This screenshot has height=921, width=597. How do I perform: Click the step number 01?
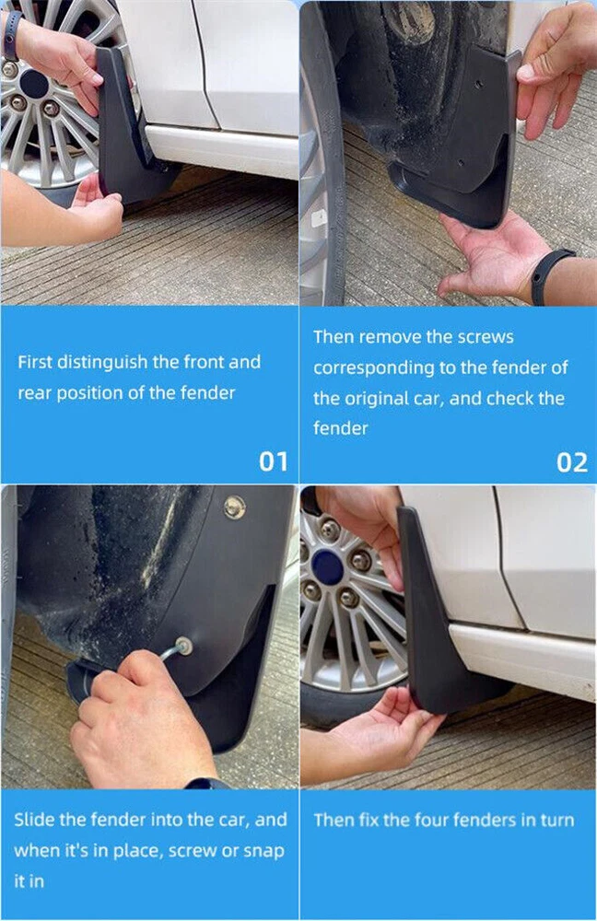[274, 461]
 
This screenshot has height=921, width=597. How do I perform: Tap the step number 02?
[572, 462]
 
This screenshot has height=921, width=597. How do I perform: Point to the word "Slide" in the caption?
[31, 820]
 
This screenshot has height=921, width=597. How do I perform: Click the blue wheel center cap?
[327, 568]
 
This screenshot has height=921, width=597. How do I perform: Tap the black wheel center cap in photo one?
[33, 84]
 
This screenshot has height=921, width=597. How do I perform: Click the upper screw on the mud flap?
[235, 507]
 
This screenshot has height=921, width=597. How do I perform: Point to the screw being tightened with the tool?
[184, 647]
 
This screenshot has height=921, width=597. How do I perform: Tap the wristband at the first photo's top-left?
[12, 35]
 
